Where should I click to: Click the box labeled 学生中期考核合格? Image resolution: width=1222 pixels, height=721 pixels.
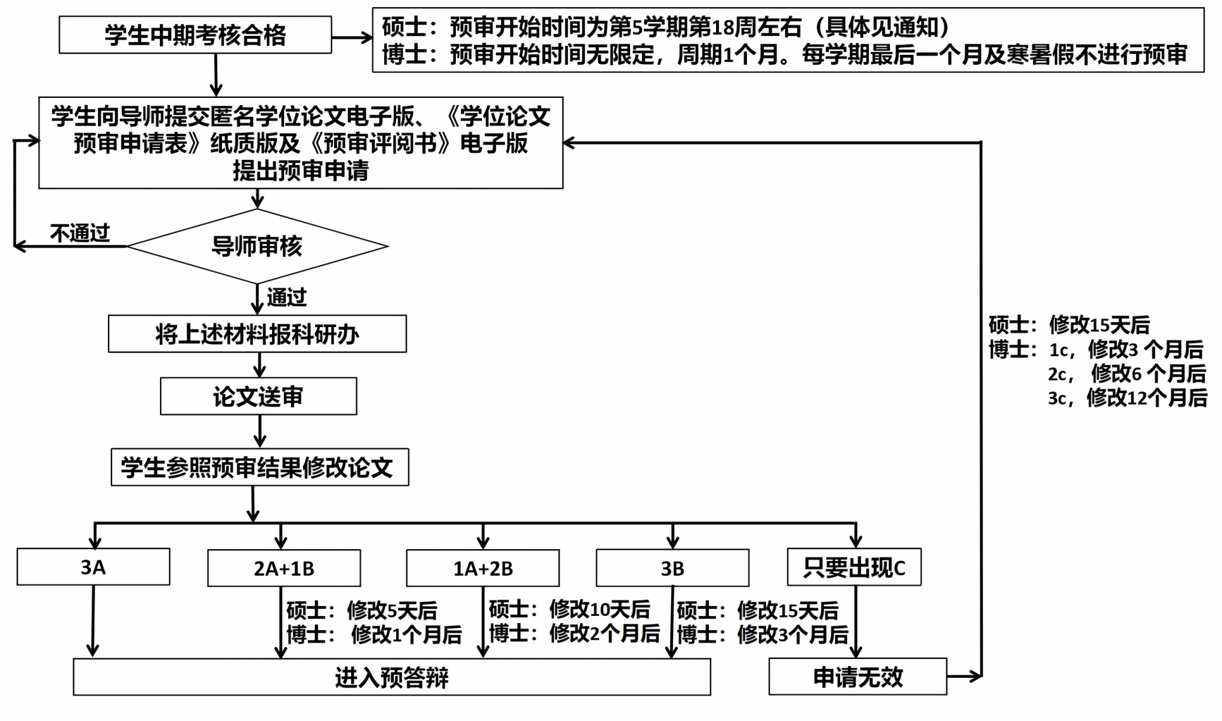(x=195, y=35)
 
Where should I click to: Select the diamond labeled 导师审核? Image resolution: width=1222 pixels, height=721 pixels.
(x=257, y=246)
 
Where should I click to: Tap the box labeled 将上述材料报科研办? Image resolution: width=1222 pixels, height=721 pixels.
(x=257, y=334)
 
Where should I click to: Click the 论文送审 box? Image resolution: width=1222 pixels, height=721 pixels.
(x=258, y=396)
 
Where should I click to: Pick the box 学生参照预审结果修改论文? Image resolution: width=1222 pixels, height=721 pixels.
(x=260, y=467)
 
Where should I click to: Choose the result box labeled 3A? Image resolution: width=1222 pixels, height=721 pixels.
(x=93, y=567)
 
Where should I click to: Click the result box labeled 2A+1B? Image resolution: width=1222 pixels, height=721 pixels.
(x=284, y=568)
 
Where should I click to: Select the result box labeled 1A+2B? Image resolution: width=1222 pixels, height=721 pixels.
(x=483, y=568)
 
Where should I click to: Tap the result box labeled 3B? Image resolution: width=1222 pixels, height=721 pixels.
(x=672, y=568)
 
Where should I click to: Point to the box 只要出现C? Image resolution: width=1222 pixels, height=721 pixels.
(x=854, y=567)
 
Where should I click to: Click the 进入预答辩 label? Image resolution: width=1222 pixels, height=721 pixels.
(x=391, y=677)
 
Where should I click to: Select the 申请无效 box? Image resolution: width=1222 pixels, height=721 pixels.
(x=857, y=677)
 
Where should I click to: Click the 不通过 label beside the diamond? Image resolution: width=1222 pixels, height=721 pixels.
(x=80, y=233)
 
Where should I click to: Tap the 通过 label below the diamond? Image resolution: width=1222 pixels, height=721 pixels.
(x=286, y=297)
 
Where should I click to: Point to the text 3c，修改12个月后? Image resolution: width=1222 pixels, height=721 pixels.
(x=1127, y=398)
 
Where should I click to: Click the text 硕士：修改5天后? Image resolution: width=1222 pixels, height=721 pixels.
(x=362, y=611)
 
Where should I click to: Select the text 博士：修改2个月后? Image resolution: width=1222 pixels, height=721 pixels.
(x=574, y=633)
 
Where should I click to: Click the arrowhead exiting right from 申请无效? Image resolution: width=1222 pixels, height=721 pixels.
(x=975, y=676)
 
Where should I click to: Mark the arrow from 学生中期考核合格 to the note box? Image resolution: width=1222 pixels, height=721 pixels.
(x=352, y=38)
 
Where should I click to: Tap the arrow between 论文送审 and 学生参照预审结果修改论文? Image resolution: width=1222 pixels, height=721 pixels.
(x=260, y=431)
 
